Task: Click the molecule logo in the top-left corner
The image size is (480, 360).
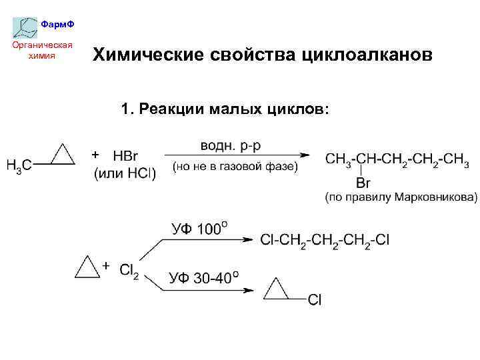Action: pos(25,27)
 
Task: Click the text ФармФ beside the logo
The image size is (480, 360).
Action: pos(57,25)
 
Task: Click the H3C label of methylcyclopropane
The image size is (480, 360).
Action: pos(20,164)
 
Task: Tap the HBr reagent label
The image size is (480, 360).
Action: pos(125,156)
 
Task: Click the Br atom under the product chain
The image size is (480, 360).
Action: pos(363,182)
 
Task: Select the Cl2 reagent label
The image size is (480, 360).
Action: pos(129,270)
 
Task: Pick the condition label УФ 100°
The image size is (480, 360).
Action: pos(199,229)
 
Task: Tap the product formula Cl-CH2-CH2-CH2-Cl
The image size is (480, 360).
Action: pos(325,239)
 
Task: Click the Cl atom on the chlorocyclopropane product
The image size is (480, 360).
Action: pos(315,300)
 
